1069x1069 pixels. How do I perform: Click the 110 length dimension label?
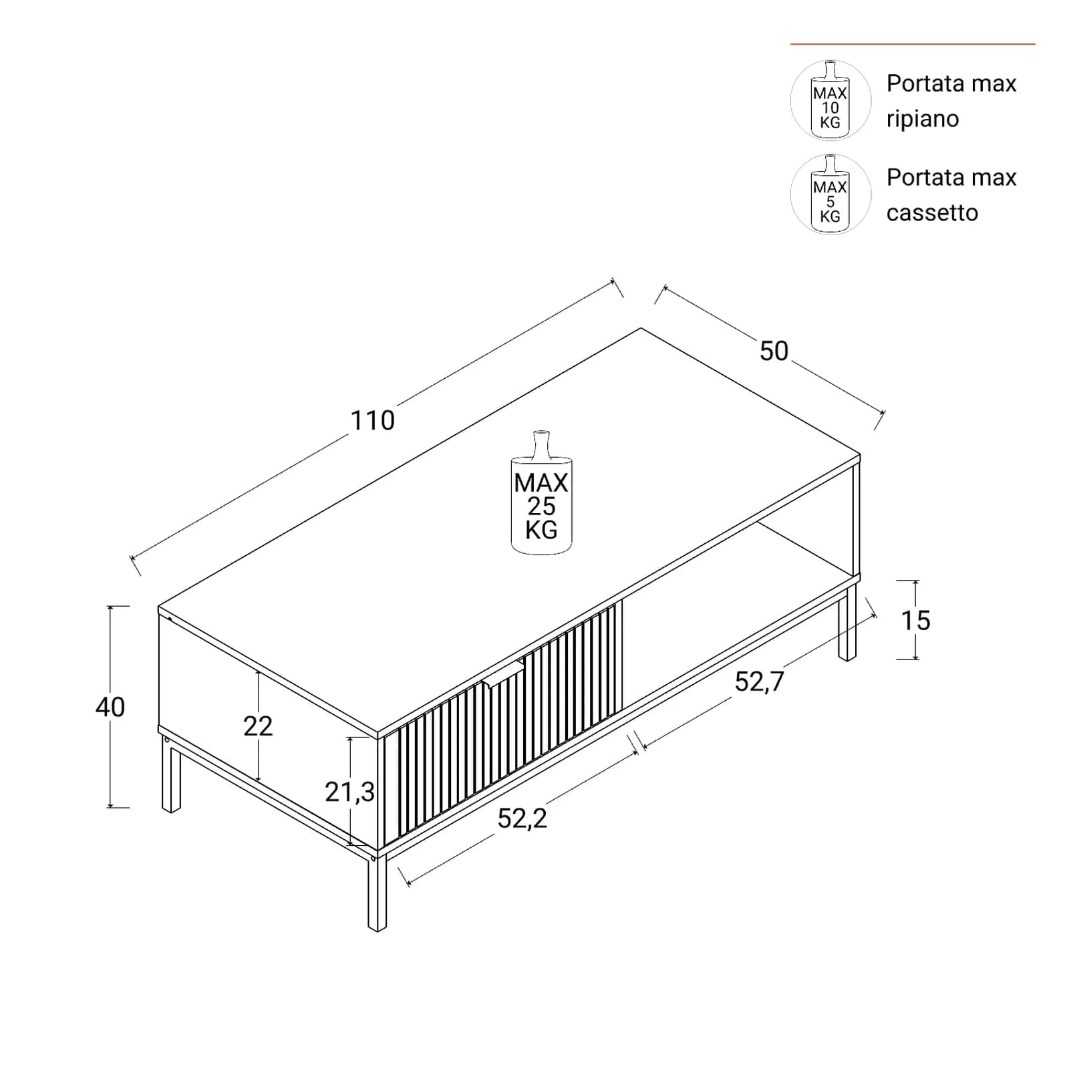pyautogui.click(x=373, y=420)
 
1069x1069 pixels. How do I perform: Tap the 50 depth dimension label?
pyautogui.click(x=774, y=351)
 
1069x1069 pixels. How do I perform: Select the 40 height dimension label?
pyautogui.click(x=110, y=707)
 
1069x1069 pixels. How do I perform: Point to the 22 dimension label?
pyautogui.click(x=258, y=726)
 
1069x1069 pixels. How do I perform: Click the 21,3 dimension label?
pyautogui.click(x=349, y=792)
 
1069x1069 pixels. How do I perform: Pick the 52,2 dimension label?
pyautogui.click(x=522, y=818)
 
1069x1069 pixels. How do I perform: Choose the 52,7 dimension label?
pyautogui.click(x=759, y=681)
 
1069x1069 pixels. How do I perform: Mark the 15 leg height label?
pyautogui.click(x=915, y=621)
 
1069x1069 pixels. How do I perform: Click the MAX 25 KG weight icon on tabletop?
pyautogui.click(x=541, y=493)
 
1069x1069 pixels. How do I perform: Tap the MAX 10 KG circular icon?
pyautogui.click(x=830, y=100)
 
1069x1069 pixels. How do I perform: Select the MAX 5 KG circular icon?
pyautogui.click(x=830, y=194)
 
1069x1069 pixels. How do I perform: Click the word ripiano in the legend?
pyautogui.click(x=922, y=120)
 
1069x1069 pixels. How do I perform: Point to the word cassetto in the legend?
pyautogui.click(x=932, y=213)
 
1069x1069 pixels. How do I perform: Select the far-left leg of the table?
pyautogui.click(x=171, y=775)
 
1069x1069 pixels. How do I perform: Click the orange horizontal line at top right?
pyautogui.click(x=913, y=44)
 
